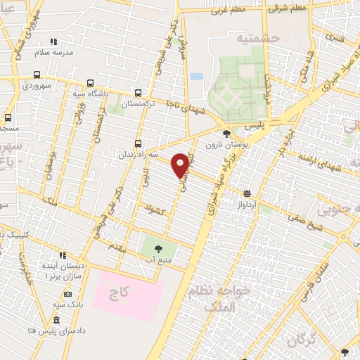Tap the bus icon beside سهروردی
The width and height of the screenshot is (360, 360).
[37, 74]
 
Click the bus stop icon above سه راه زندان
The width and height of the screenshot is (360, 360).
[138, 142]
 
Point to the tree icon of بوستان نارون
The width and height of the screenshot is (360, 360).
[226, 134]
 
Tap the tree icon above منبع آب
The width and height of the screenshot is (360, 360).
[157, 247]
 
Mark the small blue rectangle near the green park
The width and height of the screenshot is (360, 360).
[196, 76]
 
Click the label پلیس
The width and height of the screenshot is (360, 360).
[257, 124]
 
